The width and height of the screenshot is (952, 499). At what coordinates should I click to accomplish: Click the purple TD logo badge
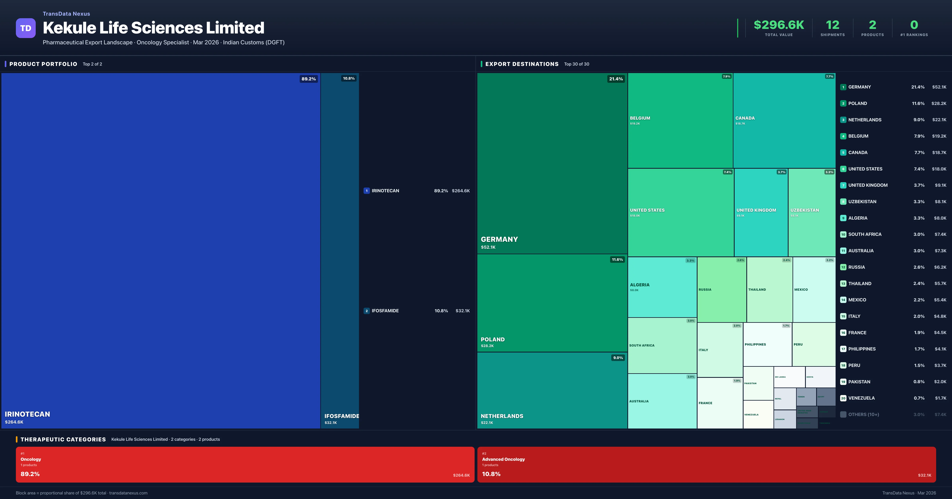(x=26, y=28)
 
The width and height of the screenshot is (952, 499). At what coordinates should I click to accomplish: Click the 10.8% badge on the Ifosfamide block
(x=348, y=78)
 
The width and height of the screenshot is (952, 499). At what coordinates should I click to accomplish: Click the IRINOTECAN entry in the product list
(x=385, y=191)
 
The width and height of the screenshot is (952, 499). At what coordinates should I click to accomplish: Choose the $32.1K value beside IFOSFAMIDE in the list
(x=462, y=311)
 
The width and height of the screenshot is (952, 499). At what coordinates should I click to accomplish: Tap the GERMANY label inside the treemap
(x=499, y=239)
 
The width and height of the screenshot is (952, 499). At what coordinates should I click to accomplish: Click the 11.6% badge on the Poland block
(x=617, y=259)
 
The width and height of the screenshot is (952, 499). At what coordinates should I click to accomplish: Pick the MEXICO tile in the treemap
(x=814, y=290)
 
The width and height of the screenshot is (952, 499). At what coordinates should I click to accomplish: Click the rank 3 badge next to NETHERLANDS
(x=843, y=120)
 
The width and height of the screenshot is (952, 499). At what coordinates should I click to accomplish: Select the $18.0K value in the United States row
(x=939, y=169)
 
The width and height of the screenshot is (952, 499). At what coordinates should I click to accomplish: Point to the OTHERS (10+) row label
(x=863, y=414)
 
